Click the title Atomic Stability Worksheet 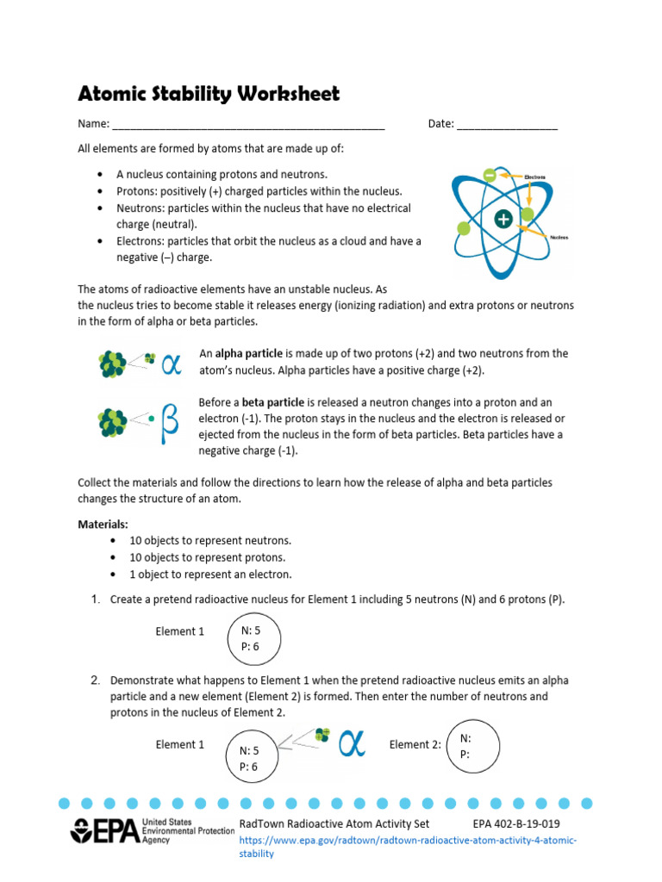pos(209,93)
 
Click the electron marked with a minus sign pos(490,175)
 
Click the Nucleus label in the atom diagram pos(558,236)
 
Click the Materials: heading pos(103,524)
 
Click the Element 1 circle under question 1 pos(252,638)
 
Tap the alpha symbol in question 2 pos(352,743)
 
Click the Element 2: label pos(415,744)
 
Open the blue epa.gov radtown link pos(407,846)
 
